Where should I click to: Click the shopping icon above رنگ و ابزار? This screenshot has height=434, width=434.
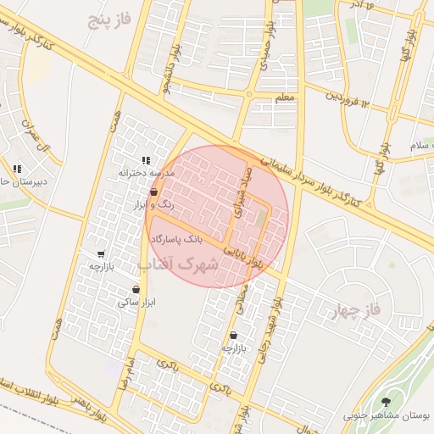pos(153,192)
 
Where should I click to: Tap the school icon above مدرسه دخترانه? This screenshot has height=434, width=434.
pos(146,159)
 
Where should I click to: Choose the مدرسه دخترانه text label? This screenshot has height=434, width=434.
pos(146,172)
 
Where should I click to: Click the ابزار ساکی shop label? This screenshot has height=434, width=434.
pos(136,301)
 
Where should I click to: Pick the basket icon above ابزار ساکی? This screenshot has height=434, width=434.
pos(136,289)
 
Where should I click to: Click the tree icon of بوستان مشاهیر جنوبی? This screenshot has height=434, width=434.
pos(387,402)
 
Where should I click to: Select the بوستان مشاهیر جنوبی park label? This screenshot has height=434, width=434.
pos(387,415)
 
